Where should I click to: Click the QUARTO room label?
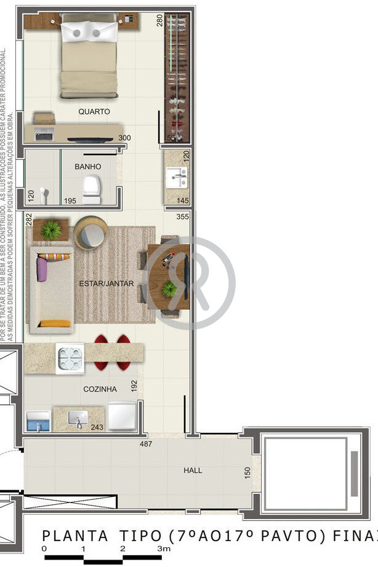[94, 112]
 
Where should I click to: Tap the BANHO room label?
[87, 167]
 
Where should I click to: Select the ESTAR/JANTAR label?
[107, 283]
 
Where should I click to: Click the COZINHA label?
[100, 389]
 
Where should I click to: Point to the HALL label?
[193, 470]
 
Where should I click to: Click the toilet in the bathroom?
[91, 189]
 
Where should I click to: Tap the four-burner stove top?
[70, 359]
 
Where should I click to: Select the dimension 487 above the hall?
[146, 443]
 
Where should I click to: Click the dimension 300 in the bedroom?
[124, 138]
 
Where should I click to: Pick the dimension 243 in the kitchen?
[97, 427]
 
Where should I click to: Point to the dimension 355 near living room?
[182, 216]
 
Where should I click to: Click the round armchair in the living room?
[90, 232]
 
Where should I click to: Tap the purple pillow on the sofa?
[42, 269]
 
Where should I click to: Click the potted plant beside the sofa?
[52, 229]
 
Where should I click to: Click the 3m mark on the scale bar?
[163, 548]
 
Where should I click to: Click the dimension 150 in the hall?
[247, 473]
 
